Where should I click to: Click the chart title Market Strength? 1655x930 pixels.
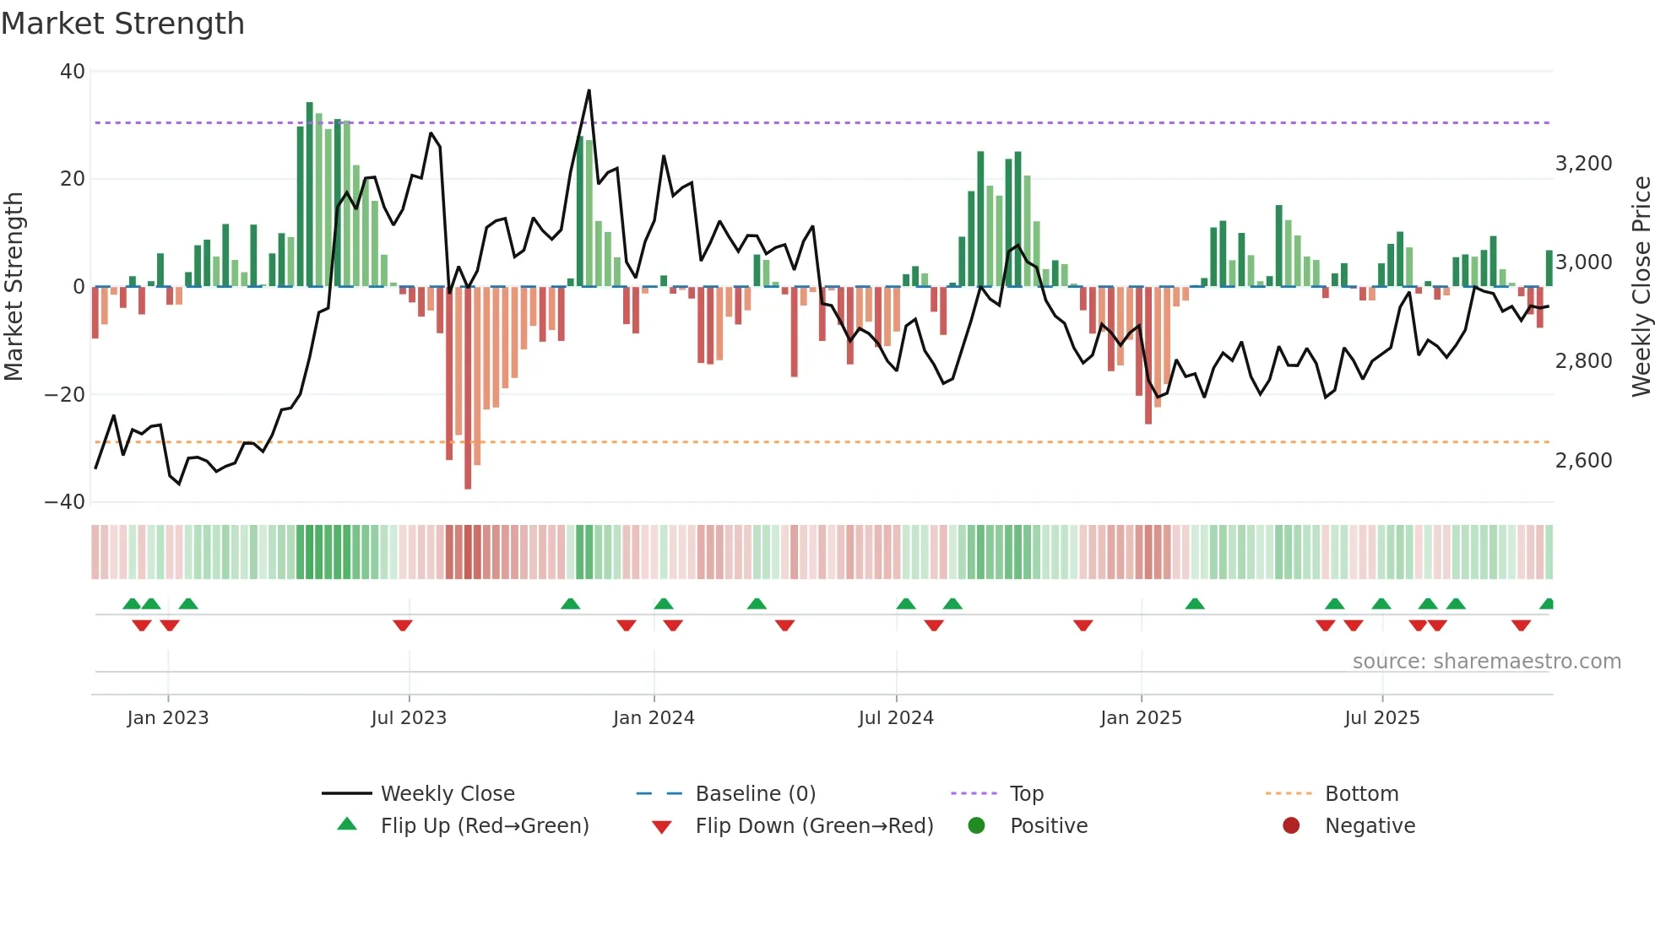[x=122, y=24]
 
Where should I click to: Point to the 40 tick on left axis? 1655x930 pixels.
[x=73, y=72]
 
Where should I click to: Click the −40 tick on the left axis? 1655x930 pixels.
[x=65, y=502]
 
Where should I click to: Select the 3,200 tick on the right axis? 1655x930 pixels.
[x=1583, y=164]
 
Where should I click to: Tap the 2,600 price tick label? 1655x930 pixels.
[x=1583, y=461]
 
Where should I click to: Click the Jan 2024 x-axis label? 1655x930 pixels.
[x=654, y=718]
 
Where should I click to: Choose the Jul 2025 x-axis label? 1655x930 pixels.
[x=1381, y=718]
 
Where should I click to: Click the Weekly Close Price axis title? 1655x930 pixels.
[x=1641, y=287]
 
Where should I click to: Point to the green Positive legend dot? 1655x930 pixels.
[x=977, y=826]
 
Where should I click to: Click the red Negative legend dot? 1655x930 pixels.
[x=1291, y=826]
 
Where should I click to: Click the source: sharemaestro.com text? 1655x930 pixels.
[x=1486, y=662]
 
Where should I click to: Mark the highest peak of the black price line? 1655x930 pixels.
[x=589, y=90]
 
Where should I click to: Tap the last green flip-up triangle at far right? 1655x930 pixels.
[x=1547, y=604]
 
